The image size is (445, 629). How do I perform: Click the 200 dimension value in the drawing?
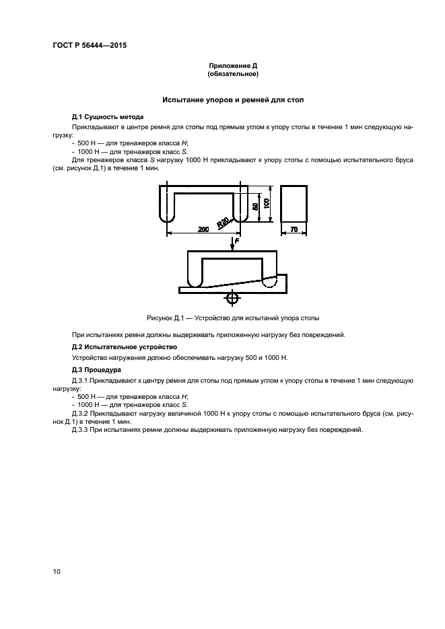tap(204, 229)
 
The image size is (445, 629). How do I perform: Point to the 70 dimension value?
tap(294, 229)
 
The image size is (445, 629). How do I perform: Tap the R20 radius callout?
tap(223, 221)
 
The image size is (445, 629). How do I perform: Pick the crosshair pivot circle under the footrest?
tap(232, 297)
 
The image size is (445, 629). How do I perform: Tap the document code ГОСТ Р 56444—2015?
tap(90, 46)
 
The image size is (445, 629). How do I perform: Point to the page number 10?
tap(57, 571)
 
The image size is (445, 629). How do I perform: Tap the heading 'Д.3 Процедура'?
tap(96, 369)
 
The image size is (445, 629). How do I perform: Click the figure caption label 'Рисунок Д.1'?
tap(166, 317)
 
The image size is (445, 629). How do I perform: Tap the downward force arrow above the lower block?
tap(232, 245)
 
